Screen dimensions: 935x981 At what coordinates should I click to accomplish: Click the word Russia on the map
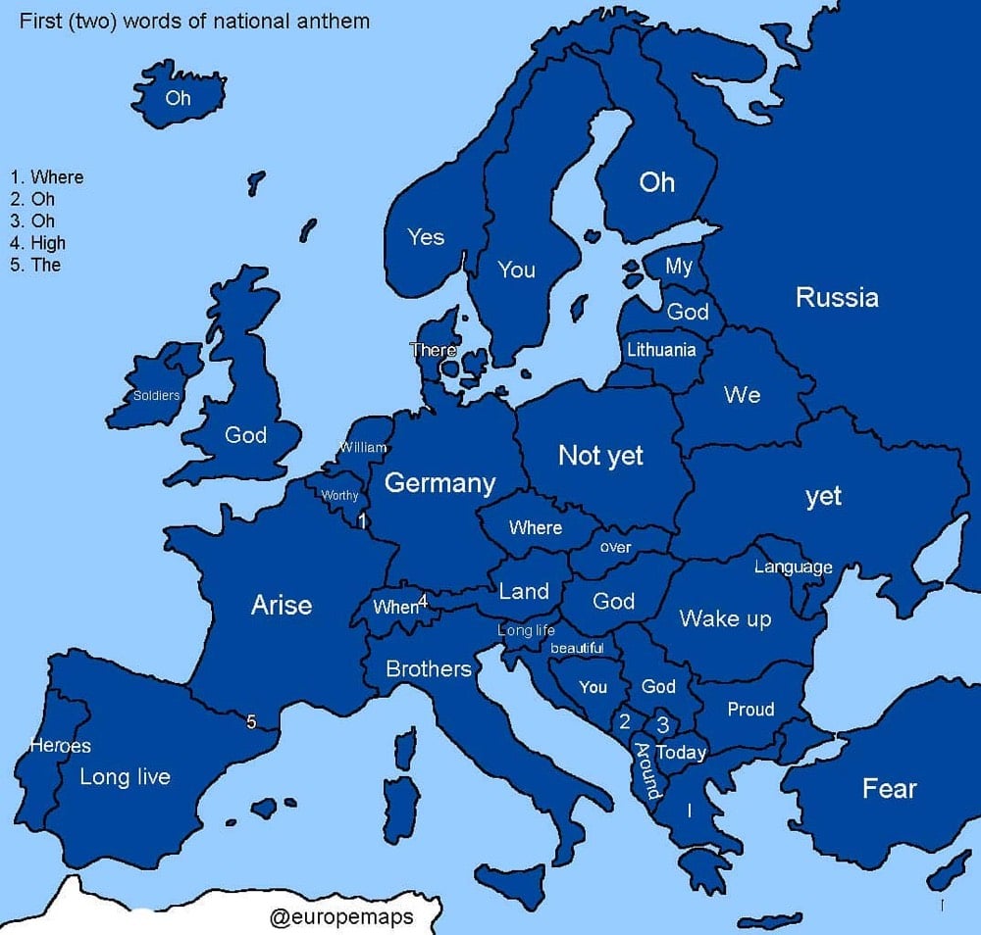tap(836, 297)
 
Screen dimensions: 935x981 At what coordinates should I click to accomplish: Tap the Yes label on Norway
tap(426, 237)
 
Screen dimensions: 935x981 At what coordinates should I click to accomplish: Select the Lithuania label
tap(661, 350)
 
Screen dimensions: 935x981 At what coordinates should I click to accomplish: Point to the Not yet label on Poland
tap(600, 455)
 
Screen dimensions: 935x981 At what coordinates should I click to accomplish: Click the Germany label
tap(439, 483)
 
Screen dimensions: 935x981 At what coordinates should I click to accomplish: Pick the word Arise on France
tap(282, 605)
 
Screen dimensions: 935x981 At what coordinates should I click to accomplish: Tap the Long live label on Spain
tap(125, 777)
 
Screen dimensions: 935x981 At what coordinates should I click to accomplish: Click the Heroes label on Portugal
tap(60, 746)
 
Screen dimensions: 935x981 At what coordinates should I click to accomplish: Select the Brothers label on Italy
tap(429, 668)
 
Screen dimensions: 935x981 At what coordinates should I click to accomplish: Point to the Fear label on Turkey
tap(889, 788)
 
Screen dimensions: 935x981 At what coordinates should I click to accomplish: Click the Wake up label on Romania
tap(725, 618)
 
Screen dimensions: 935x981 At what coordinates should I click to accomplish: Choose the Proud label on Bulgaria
tap(750, 710)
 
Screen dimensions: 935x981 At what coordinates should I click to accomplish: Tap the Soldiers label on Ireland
tap(157, 396)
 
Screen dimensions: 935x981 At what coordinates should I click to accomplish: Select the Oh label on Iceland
tap(178, 98)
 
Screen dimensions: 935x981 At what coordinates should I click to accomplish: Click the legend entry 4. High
tap(37, 243)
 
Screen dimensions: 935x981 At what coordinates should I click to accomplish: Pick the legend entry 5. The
tap(35, 265)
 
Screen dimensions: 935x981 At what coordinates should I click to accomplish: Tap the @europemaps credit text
tap(341, 917)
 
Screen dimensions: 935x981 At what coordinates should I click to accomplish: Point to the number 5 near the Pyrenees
tap(251, 722)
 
